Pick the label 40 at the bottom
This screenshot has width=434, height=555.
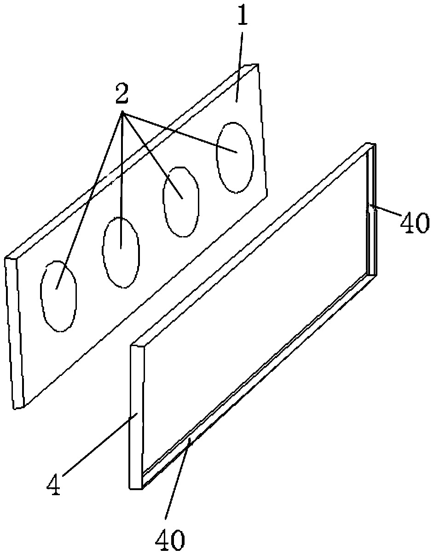point(170,538)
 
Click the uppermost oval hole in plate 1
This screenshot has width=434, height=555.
point(235,157)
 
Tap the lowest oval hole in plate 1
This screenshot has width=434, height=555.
point(58,295)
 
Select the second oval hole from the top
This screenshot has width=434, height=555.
point(180,201)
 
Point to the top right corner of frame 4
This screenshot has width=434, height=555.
point(376,145)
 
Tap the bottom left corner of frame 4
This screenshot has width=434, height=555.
point(130,488)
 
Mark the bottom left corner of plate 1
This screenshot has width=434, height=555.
point(15,408)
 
